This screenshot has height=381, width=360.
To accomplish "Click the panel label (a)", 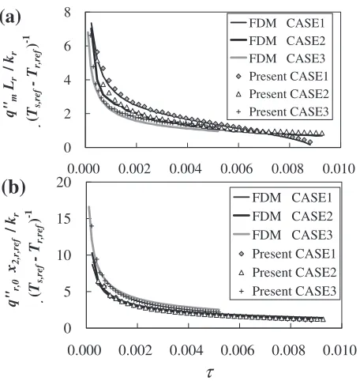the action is (x=10, y=19).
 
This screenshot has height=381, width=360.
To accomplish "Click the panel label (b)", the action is (x=13, y=187).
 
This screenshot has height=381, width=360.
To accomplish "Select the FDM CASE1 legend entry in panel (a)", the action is (x=278, y=23).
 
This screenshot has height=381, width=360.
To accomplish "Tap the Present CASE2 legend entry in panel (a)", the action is (x=283, y=94).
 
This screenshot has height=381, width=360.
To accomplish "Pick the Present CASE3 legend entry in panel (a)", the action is (x=283, y=111).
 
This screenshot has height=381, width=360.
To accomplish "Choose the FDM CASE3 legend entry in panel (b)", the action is (x=283, y=235).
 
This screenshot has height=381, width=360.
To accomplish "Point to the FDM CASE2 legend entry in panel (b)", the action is (x=283, y=216).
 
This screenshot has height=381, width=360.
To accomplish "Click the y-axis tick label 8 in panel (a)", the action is (x=67, y=13).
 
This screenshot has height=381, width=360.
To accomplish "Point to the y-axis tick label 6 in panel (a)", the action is (x=67, y=46).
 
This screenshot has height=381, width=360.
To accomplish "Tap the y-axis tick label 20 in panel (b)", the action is (x=64, y=183).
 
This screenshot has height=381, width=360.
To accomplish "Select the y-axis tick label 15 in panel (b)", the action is (x=64, y=219).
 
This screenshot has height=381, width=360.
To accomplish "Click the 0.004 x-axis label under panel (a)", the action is (x=186, y=168).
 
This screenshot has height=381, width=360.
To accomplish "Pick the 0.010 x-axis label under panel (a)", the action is (x=339, y=168).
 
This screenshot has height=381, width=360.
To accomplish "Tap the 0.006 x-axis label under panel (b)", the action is (x=238, y=350).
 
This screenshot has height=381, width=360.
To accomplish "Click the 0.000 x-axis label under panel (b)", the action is (x=84, y=350).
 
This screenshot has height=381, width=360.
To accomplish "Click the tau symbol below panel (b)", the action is (x=210, y=373).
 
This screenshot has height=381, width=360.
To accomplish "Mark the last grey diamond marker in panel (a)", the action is (x=310, y=142).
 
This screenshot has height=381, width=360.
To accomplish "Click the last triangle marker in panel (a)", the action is (x=321, y=133).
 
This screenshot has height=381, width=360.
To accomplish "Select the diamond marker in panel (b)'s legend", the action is (x=242, y=254).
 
